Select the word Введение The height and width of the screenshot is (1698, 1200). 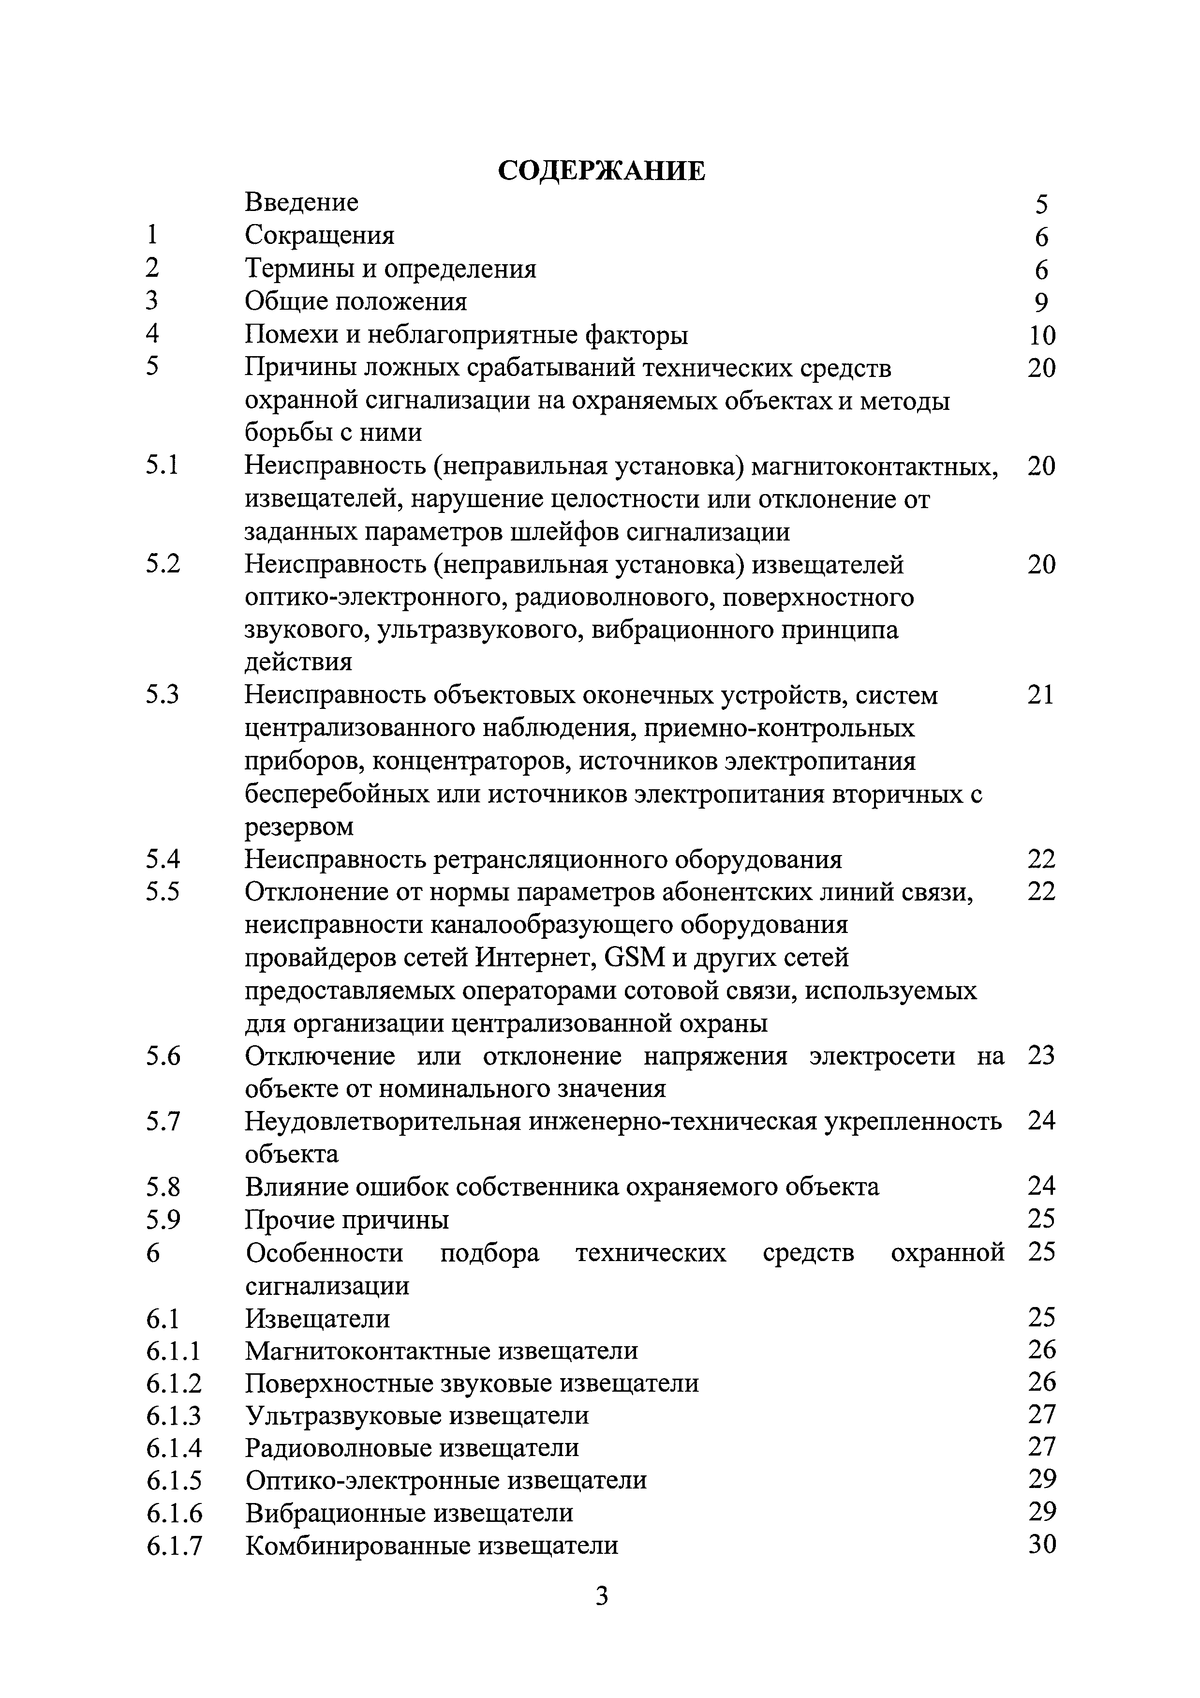[302, 202]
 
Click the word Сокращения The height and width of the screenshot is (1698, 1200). [319, 235]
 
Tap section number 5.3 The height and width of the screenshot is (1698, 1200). [163, 695]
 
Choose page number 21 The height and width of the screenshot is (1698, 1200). [1040, 695]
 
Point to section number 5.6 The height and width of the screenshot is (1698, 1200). [163, 1056]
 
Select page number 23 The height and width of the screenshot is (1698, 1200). [1041, 1055]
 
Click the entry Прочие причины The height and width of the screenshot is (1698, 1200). [347, 1219]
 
